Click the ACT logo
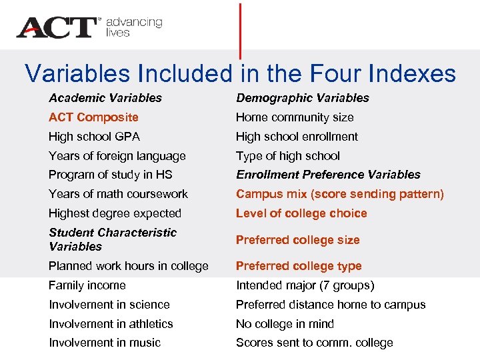coord(57,27)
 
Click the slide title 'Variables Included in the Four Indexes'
coord(240,73)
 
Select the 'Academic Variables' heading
coord(105,98)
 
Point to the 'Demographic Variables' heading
coord(302,98)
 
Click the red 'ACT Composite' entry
coord(93,117)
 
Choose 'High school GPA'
coord(94,137)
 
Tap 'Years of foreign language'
coord(117,156)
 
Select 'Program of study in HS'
coord(110,175)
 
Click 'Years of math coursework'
coord(118,194)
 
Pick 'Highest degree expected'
coord(115,213)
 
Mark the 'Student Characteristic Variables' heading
coord(112,239)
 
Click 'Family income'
coord(87,285)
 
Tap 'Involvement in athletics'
coord(111,324)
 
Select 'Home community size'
coord(295,117)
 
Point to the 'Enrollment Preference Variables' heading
coord(328,175)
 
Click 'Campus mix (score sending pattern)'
coord(339,194)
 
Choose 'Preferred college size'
coord(297,240)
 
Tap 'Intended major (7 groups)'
coord(305,285)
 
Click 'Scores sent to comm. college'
coord(314,343)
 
